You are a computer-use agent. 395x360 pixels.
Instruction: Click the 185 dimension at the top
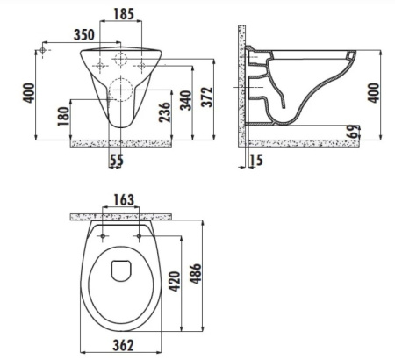coord(124,14)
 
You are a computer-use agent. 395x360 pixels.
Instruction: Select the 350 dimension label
coord(84,35)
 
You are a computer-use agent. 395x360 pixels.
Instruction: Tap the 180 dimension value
coord(63,117)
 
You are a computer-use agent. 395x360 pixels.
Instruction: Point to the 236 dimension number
coord(164,112)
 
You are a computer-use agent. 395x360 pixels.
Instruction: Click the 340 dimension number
coord(185,100)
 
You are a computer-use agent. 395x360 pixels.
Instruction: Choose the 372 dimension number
coord(207,97)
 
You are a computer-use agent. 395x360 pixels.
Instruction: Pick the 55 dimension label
coord(117,161)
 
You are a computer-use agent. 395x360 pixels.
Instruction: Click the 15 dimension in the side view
coord(256,160)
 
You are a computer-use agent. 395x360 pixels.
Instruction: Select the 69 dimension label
coord(354,132)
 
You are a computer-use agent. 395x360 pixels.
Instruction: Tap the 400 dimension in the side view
coord(373,93)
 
